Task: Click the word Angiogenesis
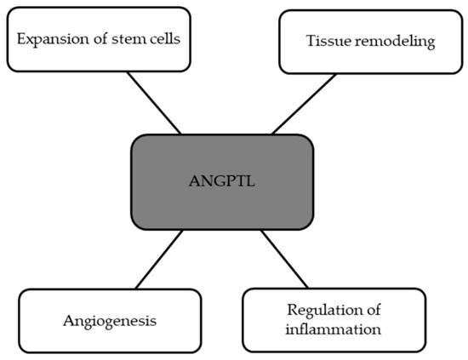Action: (x=100, y=322)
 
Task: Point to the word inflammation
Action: (x=334, y=328)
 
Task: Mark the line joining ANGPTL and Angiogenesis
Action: (x=157, y=260)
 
